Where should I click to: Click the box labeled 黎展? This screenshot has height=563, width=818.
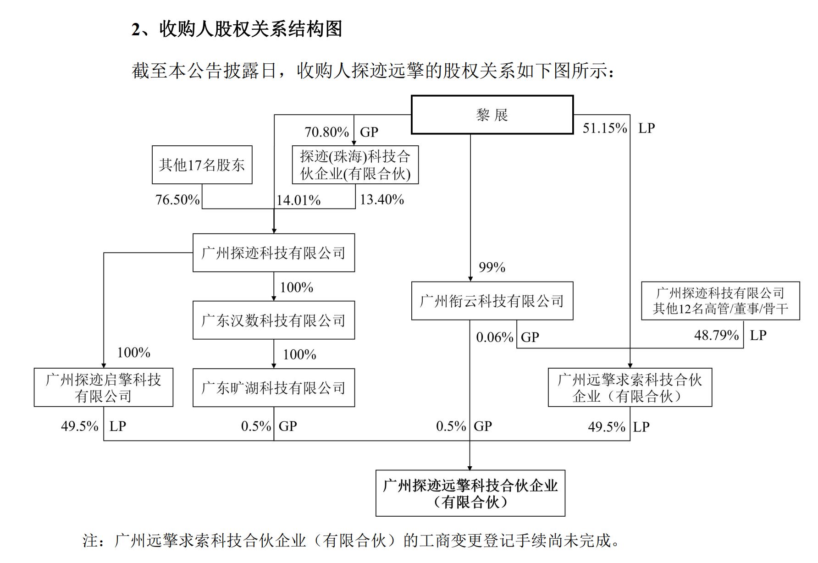pyautogui.click(x=492, y=115)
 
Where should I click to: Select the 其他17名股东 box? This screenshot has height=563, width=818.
pyautogui.click(x=202, y=165)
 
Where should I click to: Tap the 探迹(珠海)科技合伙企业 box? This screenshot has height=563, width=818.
pyautogui.click(x=355, y=165)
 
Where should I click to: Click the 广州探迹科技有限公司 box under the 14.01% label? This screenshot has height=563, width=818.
pyautogui.click(x=273, y=253)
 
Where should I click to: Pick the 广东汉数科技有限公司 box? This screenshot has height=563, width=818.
pyautogui.click(x=273, y=320)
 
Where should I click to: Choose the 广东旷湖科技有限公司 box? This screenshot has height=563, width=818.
pyautogui.click(x=273, y=388)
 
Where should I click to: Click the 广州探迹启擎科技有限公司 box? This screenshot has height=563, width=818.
pyautogui.click(x=103, y=388)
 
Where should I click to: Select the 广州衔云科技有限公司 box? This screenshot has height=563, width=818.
pyautogui.click(x=492, y=301)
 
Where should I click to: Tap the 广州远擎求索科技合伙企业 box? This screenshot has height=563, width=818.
pyautogui.click(x=630, y=388)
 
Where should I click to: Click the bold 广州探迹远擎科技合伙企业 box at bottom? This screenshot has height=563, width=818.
pyautogui.click(x=470, y=493)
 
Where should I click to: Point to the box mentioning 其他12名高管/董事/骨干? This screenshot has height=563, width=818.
pyautogui.click(x=720, y=301)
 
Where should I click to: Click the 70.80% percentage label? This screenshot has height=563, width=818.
pyautogui.click(x=326, y=132)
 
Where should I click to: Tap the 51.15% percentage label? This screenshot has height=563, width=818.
pyautogui.click(x=604, y=128)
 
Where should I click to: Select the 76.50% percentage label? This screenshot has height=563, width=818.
pyautogui.click(x=177, y=200)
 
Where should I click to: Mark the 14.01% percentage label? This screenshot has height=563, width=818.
pyautogui.click(x=298, y=200)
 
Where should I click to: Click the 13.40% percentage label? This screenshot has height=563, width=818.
pyautogui.click(x=381, y=200)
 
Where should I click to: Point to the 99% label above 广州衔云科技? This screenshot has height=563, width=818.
pyautogui.click(x=492, y=267)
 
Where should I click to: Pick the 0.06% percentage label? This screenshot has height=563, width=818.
pyautogui.click(x=494, y=337)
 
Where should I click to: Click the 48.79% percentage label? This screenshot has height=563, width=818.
pyautogui.click(x=716, y=335)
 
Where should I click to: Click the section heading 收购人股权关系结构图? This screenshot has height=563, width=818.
pyautogui.click(x=250, y=29)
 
